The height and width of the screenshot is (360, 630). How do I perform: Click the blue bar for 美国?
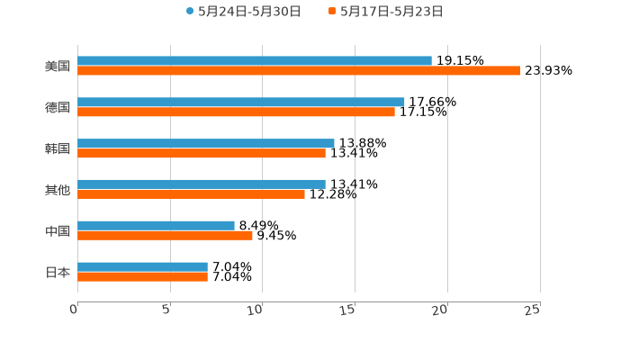pos(255,60)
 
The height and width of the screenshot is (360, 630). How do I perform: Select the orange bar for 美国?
pos(299,70)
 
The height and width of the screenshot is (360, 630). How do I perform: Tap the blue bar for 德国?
pos(241,102)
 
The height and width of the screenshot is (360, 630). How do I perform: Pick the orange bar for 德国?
pos(236,112)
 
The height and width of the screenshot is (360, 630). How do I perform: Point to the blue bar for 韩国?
pos(206,143)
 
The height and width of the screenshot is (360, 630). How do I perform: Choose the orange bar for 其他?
pos(191,193)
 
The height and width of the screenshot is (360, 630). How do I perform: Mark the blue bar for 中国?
pos(156,225)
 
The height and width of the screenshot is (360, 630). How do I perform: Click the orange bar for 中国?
pos(165,235)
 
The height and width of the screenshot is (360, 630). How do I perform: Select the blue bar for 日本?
pos(142,266)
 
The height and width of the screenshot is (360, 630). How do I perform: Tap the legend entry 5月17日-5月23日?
pos(391,12)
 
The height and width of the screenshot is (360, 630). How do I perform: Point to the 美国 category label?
pos(58,66)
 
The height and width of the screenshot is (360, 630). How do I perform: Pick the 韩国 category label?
pos(58,148)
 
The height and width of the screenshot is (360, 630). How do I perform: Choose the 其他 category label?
pos(58,189)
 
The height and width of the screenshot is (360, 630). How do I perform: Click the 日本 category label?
pos(58,272)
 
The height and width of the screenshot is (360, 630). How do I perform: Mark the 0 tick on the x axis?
pos(75,309)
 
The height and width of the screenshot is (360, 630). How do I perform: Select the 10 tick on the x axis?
pos(257,309)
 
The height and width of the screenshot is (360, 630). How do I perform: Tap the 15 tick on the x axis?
pos(350,309)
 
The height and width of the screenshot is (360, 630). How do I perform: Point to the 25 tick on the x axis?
pos(533,309)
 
